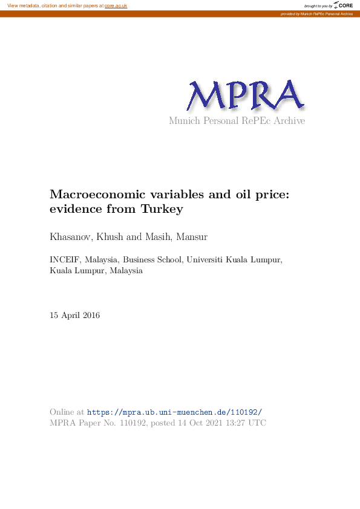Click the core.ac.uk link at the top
[x=116, y=5]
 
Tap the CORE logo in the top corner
[x=343, y=5]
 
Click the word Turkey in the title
[x=162, y=210]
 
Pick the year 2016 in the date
[x=91, y=316]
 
